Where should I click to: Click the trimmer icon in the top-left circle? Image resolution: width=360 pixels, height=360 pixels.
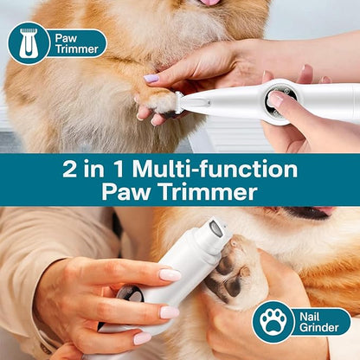click(x=29, y=42)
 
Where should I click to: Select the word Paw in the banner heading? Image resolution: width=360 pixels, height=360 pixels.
click(x=124, y=192)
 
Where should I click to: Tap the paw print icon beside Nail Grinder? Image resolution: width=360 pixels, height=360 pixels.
click(x=273, y=321)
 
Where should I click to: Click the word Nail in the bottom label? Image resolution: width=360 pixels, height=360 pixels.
click(x=308, y=315)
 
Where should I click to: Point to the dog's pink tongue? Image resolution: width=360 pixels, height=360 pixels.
click(x=209, y=3)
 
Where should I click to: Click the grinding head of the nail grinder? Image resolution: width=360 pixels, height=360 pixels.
click(x=216, y=229)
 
